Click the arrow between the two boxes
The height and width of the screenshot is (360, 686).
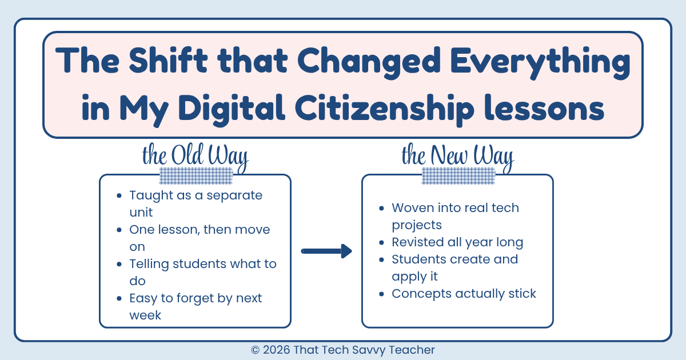(326, 251)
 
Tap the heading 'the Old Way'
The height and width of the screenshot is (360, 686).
(196, 156)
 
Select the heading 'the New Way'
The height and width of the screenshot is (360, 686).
(457, 156)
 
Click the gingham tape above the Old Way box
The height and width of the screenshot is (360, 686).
(196, 176)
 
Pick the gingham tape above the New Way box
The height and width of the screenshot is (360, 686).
(458, 176)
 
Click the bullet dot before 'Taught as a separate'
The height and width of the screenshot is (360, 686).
(119, 195)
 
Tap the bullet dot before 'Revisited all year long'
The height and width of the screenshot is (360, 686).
(381, 242)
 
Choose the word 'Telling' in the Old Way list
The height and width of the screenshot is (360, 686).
(150, 264)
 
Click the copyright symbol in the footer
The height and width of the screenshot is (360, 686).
(255, 350)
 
